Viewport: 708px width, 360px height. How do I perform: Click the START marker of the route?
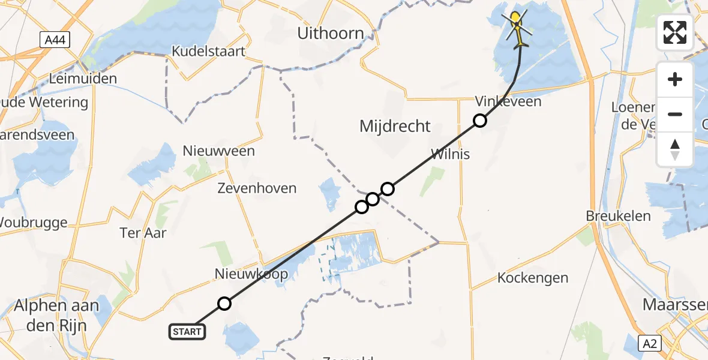pyautogui.click(x=188, y=331)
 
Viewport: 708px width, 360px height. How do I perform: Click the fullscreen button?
pyautogui.click(x=675, y=32)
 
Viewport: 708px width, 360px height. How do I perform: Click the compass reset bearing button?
pyautogui.click(x=675, y=149)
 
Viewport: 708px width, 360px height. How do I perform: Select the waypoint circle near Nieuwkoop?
pyautogui.click(x=224, y=304)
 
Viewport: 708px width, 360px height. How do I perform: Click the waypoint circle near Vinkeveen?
pyautogui.click(x=479, y=121)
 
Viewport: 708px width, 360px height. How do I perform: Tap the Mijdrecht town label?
pyautogui.click(x=395, y=126)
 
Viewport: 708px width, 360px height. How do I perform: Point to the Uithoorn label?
pyautogui.click(x=331, y=34)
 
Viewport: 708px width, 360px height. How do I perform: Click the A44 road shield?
pyautogui.click(x=55, y=40)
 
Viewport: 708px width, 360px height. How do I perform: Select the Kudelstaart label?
pyautogui.click(x=208, y=52)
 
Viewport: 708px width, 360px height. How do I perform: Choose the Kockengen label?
pyautogui.click(x=532, y=278)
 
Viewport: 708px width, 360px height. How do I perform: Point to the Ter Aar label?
pyautogui.click(x=143, y=233)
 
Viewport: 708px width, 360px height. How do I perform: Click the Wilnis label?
pyautogui.click(x=449, y=154)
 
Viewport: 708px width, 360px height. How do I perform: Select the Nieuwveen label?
pyautogui.click(x=219, y=151)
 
